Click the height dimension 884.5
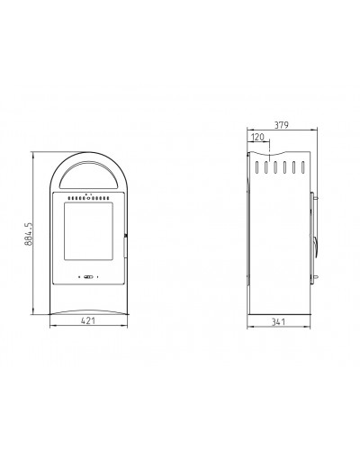click(x=29, y=234)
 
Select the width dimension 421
click(x=88, y=320)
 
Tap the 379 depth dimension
click(x=282, y=125)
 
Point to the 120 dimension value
click(x=257, y=137)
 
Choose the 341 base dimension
click(x=278, y=322)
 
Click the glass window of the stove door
click(x=89, y=231)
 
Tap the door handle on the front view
click(x=125, y=247)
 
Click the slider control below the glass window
click(x=89, y=277)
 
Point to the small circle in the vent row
click(x=88, y=198)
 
